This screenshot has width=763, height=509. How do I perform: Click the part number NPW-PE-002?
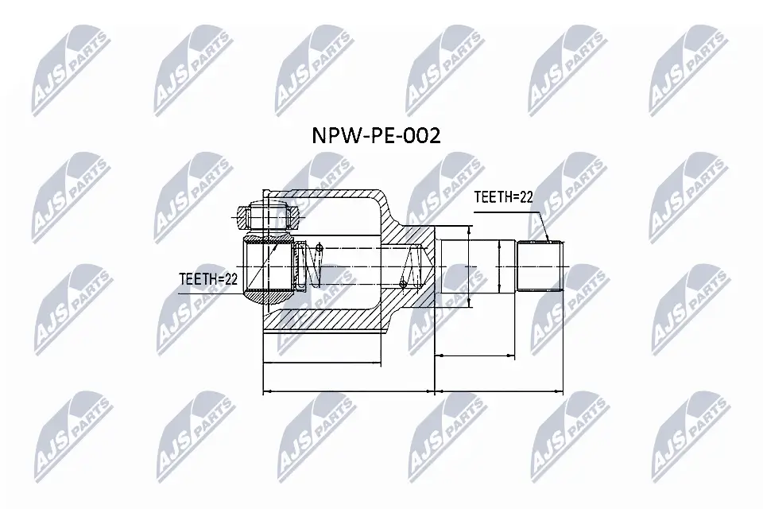pyautogui.click(x=374, y=136)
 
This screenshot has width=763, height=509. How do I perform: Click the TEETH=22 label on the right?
pyautogui.click(x=503, y=198)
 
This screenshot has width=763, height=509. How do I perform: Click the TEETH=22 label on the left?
pyautogui.click(x=209, y=278)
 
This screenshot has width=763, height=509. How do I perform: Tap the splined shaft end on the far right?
pyautogui.click(x=540, y=265)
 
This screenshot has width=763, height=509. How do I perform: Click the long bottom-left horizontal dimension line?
pyautogui.click(x=348, y=391)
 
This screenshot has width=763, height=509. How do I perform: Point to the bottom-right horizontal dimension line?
pyautogui.click(x=499, y=391)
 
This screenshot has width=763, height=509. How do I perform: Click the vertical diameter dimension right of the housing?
pyautogui.click(x=469, y=266)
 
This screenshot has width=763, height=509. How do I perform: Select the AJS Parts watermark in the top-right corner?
pyautogui.click(x=688, y=68)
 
